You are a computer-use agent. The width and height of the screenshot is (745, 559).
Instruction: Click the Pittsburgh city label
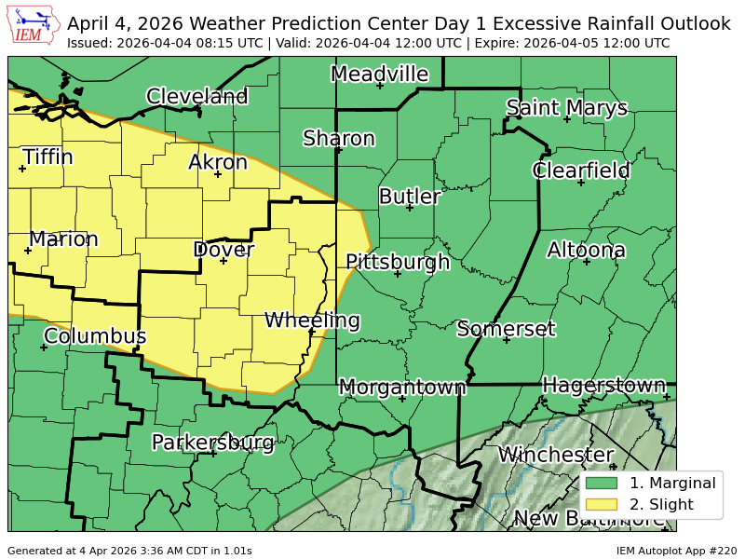click(x=398, y=262)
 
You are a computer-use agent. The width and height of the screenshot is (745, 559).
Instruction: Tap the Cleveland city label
click(x=197, y=96)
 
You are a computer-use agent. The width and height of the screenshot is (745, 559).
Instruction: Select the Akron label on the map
click(x=218, y=162)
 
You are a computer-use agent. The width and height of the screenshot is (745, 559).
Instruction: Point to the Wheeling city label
click(x=312, y=320)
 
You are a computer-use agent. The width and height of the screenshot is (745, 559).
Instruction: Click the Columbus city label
click(x=95, y=335)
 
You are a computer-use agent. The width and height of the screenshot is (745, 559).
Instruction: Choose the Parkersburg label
click(x=213, y=442)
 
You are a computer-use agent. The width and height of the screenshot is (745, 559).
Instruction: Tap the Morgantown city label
click(x=402, y=387)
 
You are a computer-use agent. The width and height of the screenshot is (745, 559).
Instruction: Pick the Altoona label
click(x=586, y=250)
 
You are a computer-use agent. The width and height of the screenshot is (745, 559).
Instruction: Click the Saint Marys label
click(x=567, y=108)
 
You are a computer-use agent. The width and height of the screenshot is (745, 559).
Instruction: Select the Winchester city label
click(x=556, y=455)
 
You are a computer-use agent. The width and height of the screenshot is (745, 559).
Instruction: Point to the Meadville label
click(x=379, y=74)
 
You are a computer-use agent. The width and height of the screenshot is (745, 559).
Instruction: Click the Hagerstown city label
click(x=604, y=385)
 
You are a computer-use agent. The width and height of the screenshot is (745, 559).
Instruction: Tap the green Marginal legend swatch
click(x=603, y=483)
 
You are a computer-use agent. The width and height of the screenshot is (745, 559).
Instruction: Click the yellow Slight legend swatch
click(x=603, y=505)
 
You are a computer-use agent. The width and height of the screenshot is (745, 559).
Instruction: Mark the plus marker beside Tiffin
click(x=22, y=169)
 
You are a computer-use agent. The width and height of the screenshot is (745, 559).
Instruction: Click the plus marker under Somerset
click(x=507, y=340)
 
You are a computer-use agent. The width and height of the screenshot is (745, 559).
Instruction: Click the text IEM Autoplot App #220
click(x=676, y=551)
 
